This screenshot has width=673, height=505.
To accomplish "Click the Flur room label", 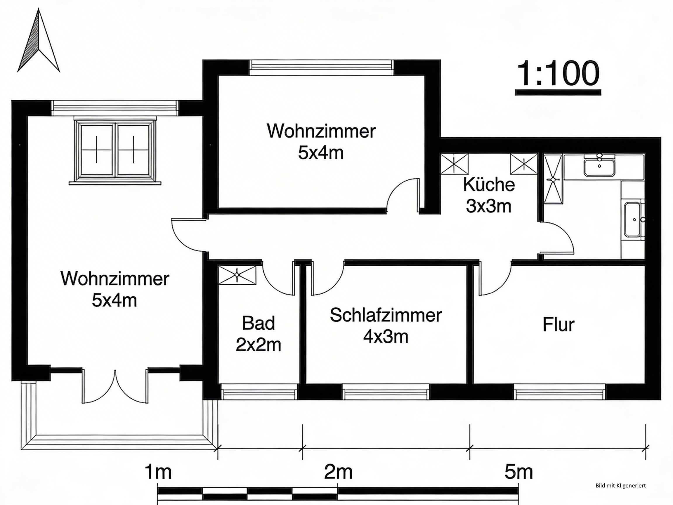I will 558,325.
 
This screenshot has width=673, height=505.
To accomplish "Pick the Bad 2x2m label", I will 258,334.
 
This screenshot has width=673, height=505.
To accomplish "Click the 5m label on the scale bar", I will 518,473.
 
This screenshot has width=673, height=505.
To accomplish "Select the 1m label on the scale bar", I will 158,473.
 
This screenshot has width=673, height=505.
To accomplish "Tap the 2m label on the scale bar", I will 338,473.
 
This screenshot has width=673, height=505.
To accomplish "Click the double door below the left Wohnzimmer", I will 115,387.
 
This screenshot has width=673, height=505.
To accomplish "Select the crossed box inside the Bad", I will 237,275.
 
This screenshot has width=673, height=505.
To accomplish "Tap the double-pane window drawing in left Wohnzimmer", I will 115,151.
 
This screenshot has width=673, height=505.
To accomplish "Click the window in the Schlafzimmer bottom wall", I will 386,392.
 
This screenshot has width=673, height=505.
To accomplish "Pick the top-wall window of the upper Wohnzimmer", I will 321,68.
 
